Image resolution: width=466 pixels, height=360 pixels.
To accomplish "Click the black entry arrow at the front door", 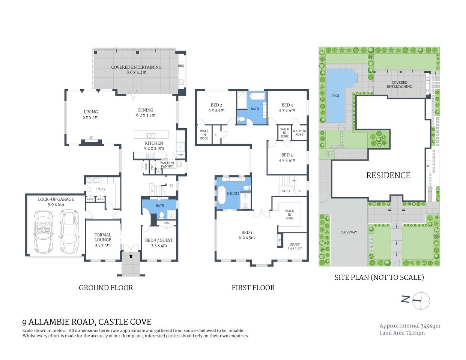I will (131, 256).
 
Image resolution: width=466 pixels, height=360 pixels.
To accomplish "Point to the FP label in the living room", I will (91, 138).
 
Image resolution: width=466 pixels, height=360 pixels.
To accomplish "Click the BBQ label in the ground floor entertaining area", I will (181, 66).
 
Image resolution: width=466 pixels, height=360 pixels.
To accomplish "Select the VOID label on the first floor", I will (286, 191).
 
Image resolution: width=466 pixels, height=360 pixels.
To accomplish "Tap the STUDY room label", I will (295, 244).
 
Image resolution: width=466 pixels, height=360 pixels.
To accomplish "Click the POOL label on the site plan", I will (335, 96).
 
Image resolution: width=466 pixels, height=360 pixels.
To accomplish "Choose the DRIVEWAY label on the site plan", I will (349, 232).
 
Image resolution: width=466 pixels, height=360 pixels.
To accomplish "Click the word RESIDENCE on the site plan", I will (388, 175).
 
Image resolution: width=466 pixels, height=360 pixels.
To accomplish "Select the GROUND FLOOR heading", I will (106, 288).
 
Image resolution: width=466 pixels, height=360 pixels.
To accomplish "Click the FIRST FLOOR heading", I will (253, 288).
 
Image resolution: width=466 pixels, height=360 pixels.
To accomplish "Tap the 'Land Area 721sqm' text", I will (402, 333).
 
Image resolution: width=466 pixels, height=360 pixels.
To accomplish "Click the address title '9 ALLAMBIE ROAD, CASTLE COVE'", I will (87, 322).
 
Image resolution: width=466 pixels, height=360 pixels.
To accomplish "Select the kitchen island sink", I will (151, 135).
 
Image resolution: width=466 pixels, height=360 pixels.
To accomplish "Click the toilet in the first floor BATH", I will (242, 119).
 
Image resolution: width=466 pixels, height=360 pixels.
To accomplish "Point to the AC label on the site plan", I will (428, 166).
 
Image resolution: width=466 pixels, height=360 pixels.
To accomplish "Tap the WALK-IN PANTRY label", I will (167, 165).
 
